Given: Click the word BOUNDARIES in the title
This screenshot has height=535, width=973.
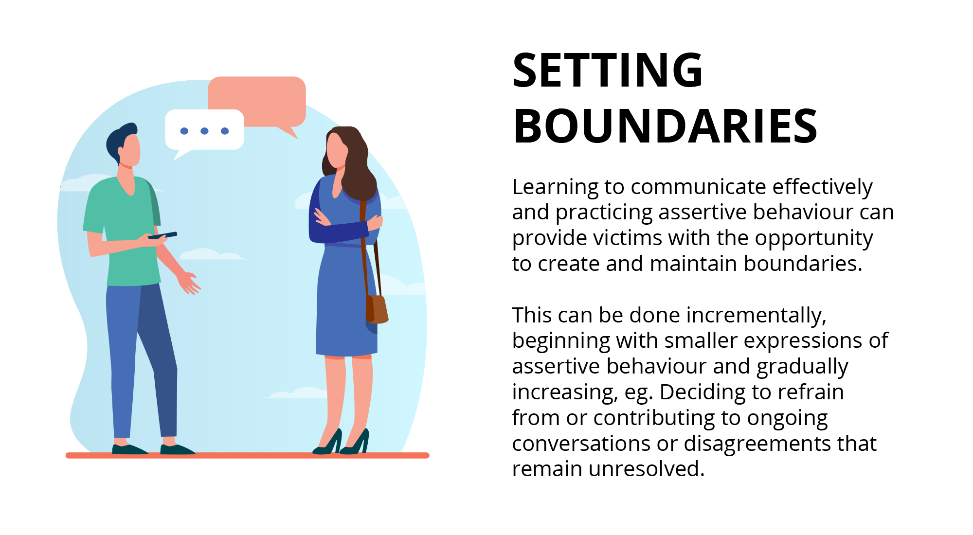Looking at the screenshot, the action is (665, 126).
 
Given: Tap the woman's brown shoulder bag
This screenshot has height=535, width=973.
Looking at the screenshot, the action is (377, 309).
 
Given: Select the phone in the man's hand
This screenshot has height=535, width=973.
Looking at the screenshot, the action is (162, 236).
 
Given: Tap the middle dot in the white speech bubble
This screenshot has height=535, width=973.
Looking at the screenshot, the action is (204, 131).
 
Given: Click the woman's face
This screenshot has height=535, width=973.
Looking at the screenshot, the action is (337, 148).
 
